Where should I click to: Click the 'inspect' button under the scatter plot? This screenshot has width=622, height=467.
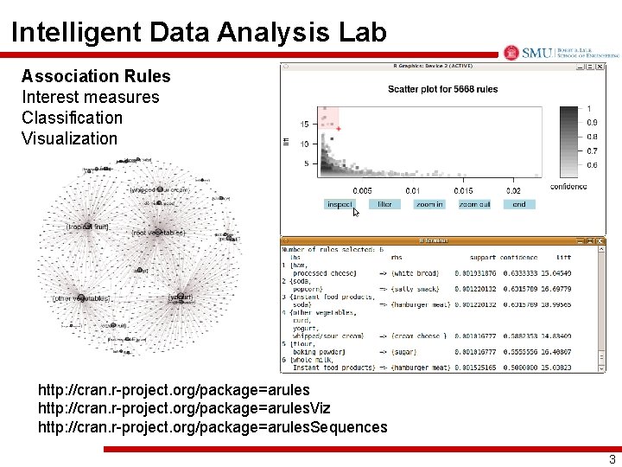point(340,205)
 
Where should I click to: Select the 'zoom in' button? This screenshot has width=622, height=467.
point(428,205)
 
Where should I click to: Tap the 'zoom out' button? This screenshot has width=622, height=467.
point(474,205)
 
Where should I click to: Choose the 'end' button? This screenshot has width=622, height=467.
point(519,205)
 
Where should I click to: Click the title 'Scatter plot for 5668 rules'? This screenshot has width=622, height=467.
point(442,89)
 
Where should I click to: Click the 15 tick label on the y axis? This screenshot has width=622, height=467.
point(305,125)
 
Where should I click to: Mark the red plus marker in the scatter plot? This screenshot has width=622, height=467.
point(339,129)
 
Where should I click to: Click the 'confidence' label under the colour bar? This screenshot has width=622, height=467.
point(568,186)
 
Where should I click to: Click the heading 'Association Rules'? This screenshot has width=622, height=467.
point(96,77)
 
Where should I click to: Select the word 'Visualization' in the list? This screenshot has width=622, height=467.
point(69,138)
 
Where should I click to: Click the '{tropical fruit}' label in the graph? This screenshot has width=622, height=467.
point(87,227)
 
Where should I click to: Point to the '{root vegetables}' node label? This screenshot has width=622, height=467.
point(158,233)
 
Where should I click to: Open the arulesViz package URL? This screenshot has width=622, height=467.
point(184,407)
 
